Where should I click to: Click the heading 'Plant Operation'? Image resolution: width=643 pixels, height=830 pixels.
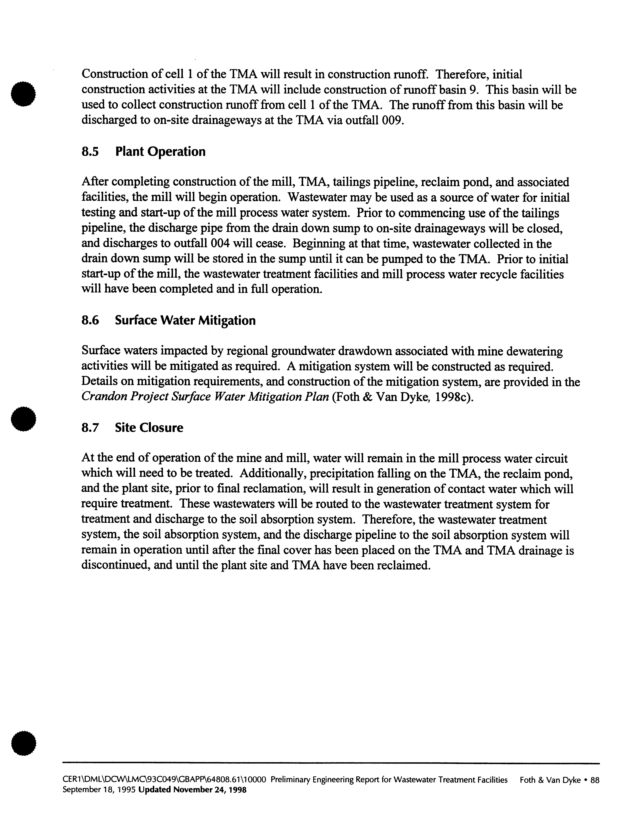(160, 152)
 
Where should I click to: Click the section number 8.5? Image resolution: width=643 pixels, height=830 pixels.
(90, 152)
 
